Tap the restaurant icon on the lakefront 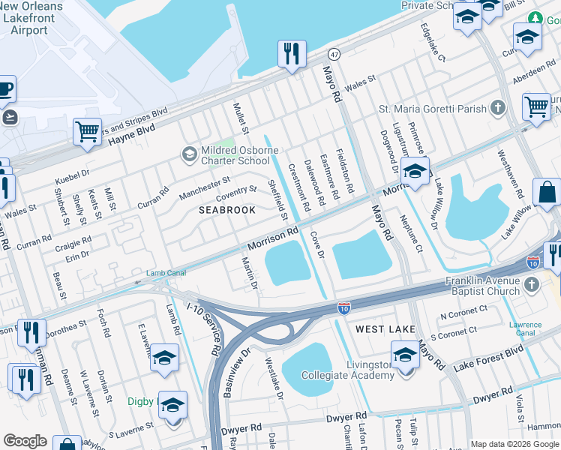coord(291,53)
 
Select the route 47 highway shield coord(334,55)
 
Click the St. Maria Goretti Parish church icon coord(496,109)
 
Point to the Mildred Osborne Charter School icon coord(189,154)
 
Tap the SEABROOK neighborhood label coord(227,211)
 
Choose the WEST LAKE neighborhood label coord(385,329)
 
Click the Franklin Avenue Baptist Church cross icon coord(532,285)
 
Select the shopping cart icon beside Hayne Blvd coord(87,132)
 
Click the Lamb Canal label coord(166,273)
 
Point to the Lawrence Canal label coord(525,329)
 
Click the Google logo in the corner coord(25,441)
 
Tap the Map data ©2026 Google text coord(514,444)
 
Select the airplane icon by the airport coord(10,118)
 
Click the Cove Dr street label coord(316,245)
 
